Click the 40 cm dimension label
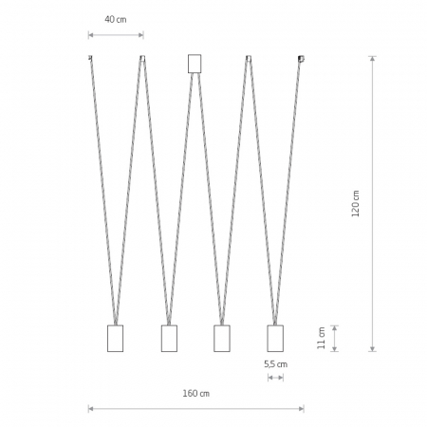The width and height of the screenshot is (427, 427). coord(116,20)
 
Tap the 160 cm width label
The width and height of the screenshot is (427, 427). coord(196,394)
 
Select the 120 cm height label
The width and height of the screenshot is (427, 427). coord(356,203)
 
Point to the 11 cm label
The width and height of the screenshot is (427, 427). coord(322,338)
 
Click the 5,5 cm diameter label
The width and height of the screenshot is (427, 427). coord(276,364)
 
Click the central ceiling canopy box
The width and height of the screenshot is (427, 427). coord(195,64)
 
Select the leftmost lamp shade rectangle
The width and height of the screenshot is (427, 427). coord(115,338)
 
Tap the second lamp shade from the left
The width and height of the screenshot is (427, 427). coord(169,338)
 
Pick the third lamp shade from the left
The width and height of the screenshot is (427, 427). coord(222,338)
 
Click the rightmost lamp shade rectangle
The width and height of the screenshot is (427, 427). coord(275,338)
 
